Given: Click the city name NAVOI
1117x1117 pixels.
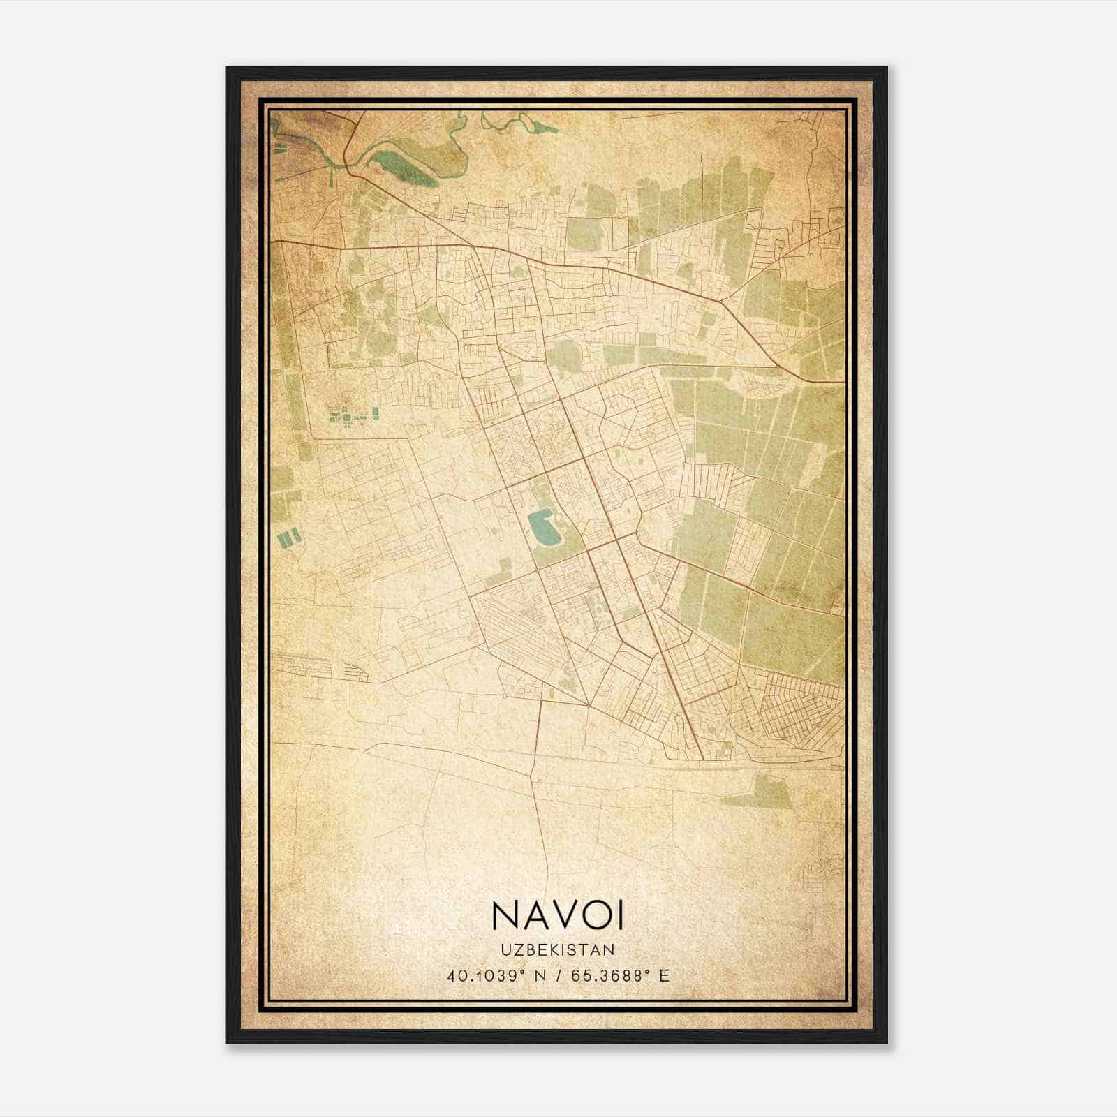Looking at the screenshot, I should pos(557,915).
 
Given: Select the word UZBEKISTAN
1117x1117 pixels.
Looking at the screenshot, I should pos(557,950).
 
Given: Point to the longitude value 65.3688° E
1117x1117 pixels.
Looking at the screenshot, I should pos(621,975).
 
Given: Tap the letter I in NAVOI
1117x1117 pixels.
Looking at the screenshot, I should pos(618,915).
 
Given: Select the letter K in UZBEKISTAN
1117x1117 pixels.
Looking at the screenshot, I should pos(556,950).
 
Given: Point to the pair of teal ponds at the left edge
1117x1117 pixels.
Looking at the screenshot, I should pos(289,538).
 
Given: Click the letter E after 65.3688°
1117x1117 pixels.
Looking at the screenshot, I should pos(665,975).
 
